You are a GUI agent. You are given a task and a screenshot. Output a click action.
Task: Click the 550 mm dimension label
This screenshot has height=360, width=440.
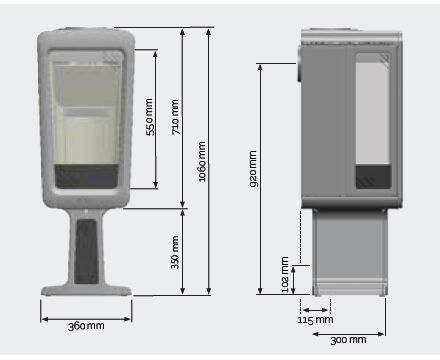(x=151, y=117)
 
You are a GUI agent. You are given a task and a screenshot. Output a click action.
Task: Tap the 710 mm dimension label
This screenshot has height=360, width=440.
(x=175, y=117)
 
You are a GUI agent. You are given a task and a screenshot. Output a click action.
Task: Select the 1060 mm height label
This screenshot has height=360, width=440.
(x=202, y=162)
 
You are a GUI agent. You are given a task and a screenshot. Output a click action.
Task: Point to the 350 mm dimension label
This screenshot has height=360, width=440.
(x=175, y=252)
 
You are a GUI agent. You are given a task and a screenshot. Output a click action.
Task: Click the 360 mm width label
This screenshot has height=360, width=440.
(x=86, y=326)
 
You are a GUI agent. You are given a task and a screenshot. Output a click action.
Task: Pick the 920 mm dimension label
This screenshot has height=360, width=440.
(x=253, y=169)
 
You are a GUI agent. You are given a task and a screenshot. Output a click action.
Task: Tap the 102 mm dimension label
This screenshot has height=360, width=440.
(x=285, y=275)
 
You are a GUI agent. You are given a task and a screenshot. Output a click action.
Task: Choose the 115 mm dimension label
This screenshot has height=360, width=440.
(x=315, y=320)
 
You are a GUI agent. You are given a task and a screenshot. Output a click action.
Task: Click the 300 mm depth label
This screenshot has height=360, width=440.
(x=348, y=340)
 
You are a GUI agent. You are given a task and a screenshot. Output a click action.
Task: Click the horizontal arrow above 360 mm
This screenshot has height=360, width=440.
(x=86, y=319)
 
